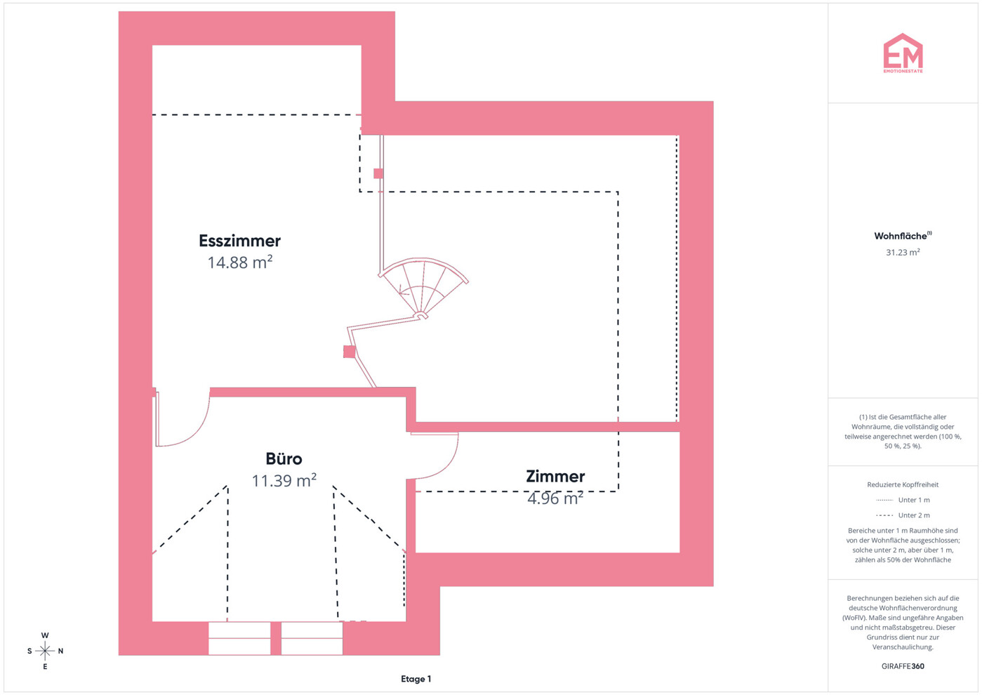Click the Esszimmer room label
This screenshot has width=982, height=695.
(239, 241)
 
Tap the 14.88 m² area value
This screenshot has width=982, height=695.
(240, 263)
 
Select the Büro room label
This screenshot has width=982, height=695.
(284, 458)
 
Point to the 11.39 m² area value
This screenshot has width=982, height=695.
(284, 480)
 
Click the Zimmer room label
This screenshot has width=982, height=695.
(555, 477)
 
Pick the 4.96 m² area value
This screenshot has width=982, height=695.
(555, 498)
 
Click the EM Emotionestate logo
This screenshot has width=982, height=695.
(903, 53)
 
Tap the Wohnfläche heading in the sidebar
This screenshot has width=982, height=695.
(903, 236)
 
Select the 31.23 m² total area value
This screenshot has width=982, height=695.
(903, 252)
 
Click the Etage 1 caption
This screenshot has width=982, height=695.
(416, 679)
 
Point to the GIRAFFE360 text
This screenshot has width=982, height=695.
(903, 666)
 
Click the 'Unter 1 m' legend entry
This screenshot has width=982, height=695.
(903, 500)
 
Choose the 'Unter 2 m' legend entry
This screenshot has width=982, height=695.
(903, 515)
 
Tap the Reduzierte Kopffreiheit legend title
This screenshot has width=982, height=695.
(903, 484)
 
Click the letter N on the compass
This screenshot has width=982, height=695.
(60, 651)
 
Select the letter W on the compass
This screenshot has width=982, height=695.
(45, 635)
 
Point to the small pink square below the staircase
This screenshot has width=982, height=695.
(350, 352)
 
